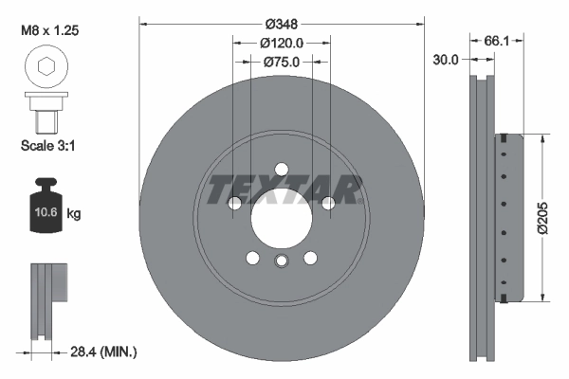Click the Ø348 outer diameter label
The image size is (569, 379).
[x=283, y=22]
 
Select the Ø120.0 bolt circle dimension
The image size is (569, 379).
[x=283, y=43]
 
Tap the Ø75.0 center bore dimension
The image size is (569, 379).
[x=283, y=62]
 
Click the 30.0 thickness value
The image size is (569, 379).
[x=446, y=59]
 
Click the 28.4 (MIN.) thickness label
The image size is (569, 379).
[x=103, y=352]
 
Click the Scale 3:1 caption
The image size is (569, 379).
[x=48, y=147]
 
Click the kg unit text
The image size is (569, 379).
[x=74, y=215]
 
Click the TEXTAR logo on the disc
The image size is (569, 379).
[x=283, y=189]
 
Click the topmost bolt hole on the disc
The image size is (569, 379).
[x=283, y=170]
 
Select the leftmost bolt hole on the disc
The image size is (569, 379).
[x=236, y=203]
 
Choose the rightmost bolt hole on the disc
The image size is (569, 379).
[x=328, y=203]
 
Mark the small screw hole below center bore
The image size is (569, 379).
[x=282, y=262]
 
